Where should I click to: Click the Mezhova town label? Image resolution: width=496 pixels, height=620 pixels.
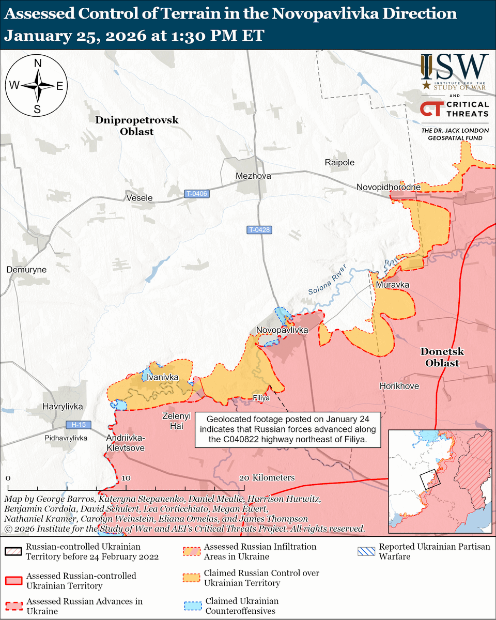253,176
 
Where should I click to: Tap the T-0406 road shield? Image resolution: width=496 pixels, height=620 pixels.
196,194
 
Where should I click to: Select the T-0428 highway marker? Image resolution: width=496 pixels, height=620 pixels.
259,230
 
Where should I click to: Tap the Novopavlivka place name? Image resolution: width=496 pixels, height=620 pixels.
282,330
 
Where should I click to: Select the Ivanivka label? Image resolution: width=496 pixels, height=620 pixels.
163,378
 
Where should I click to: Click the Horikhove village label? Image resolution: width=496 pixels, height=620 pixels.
399,386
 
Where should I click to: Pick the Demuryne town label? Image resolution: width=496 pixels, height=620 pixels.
26,270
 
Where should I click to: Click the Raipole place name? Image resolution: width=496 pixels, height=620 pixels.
339,162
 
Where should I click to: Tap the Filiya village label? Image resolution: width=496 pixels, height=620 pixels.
261,398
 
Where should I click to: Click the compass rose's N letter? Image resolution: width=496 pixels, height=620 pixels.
38,64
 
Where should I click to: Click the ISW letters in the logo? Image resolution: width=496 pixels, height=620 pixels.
454,66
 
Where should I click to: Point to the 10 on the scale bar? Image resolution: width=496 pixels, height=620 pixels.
126,478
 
